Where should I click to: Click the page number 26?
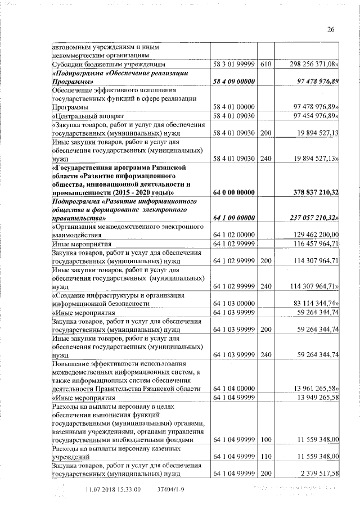coord(330,30)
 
